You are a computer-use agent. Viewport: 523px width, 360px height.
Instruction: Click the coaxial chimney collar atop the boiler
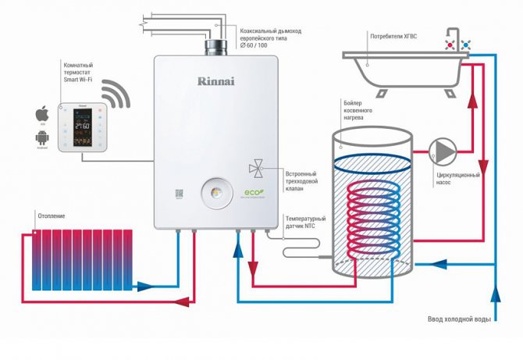pos(215,48)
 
